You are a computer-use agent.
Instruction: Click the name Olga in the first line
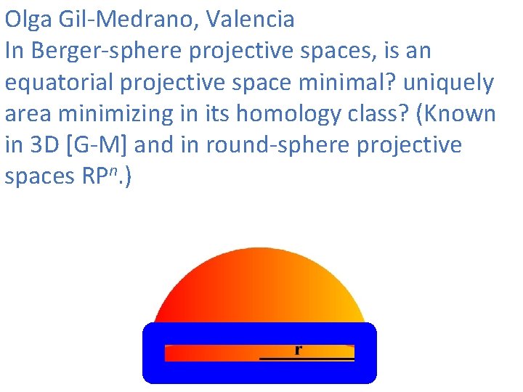(28, 19)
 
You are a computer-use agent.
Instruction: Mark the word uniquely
(448, 83)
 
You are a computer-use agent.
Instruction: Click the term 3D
(44, 145)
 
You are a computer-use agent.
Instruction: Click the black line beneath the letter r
(307, 359)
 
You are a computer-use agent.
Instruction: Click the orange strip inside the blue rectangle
(211, 353)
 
